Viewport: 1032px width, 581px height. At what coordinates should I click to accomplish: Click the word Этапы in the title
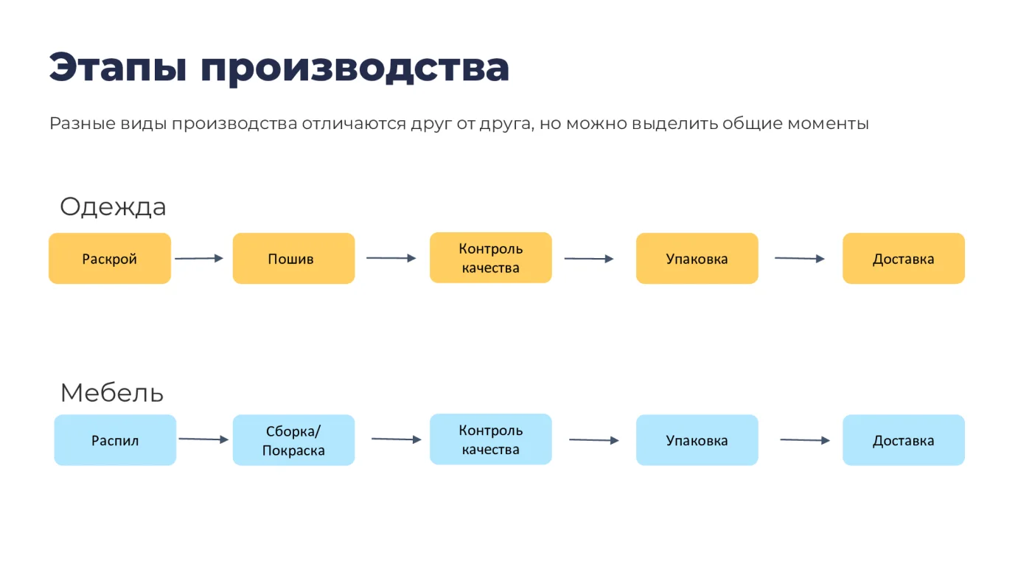click(x=118, y=68)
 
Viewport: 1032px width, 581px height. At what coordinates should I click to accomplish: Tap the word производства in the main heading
click(x=355, y=68)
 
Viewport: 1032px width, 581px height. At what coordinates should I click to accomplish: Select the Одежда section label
click(x=113, y=207)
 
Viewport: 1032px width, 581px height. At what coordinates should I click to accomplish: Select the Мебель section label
click(x=112, y=392)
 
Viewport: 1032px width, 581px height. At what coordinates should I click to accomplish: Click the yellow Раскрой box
click(x=110, y=259)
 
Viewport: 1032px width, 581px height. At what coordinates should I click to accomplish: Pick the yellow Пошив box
click(x=293, y=259)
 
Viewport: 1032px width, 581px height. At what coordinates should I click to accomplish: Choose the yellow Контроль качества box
click(x=491, y=257)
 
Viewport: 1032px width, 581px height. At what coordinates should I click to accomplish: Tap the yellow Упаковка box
click(x=697, y=259)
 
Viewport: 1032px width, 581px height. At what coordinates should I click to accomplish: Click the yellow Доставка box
click(x=904, y=259)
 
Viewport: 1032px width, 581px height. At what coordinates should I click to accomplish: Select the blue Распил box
click(x=115, y=440)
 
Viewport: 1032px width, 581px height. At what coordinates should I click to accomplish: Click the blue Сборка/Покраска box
click(x=293, y=440)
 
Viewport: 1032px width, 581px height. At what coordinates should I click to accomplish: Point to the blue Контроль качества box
click(x=491, y=439)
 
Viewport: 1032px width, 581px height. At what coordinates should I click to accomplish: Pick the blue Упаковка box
click(x=697, y=440)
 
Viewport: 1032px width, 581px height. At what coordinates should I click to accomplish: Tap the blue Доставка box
click(x=904, y=440)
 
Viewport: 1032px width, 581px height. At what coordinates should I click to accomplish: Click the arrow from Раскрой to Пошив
click(x=199, y=259)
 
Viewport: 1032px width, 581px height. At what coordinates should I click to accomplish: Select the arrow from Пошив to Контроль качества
click(x=391, y=258)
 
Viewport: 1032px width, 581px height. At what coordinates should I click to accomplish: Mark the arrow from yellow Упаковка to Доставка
click(x=800, y=259)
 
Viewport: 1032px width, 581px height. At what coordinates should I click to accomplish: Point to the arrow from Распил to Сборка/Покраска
click(x=203, y=439)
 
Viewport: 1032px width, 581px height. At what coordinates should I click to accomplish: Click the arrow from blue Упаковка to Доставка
click(x=805, y=440)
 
